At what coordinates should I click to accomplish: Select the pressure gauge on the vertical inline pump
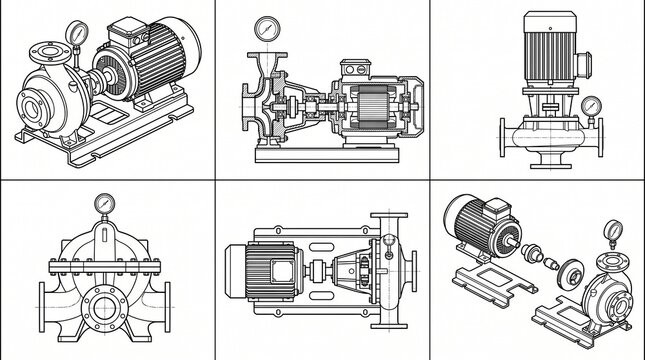(590, 104)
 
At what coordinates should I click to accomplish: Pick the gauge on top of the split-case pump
(103, 204)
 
